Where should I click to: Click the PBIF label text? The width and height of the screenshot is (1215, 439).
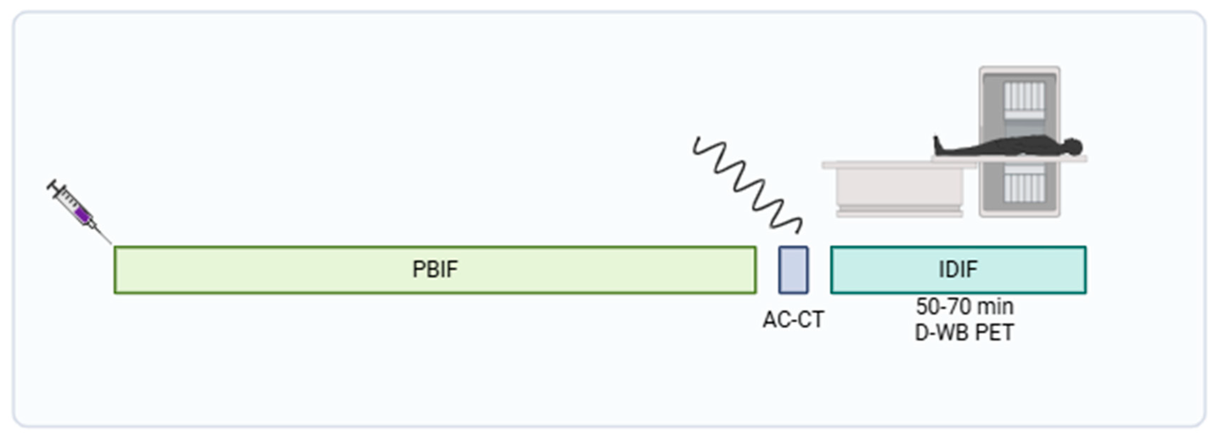435,269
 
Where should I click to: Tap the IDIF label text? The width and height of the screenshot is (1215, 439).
958,269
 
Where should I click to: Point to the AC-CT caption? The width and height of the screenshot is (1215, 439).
793,320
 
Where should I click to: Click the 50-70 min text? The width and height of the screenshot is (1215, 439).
965,307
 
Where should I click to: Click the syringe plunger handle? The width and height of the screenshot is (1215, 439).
52,186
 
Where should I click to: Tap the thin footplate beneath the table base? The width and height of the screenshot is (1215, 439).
899,214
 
